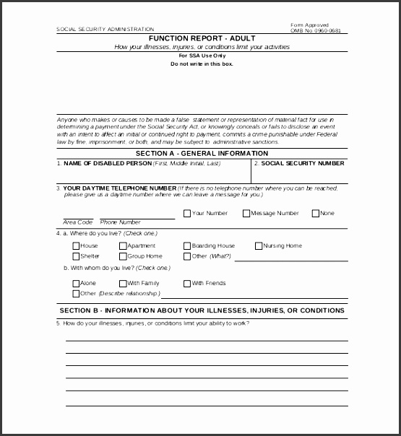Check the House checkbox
coord(76,246)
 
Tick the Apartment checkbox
coord(123,246)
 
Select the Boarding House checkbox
coord(186,246)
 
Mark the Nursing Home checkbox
coord(258,246)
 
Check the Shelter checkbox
coord(76,256)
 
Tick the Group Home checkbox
coord(123,256)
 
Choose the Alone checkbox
coord(76,284)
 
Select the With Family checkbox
coord(123,284)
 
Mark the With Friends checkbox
coord(186,284)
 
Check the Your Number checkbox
coord(187,214)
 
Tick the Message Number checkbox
coord(246,214)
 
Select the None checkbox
coord(315,214)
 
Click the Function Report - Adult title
coord(202,38)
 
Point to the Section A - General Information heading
coord(202,154)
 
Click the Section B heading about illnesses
coord(202,310)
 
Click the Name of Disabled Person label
coord(106,164)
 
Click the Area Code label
coord(78,222)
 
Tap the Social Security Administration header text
coord(105,30)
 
